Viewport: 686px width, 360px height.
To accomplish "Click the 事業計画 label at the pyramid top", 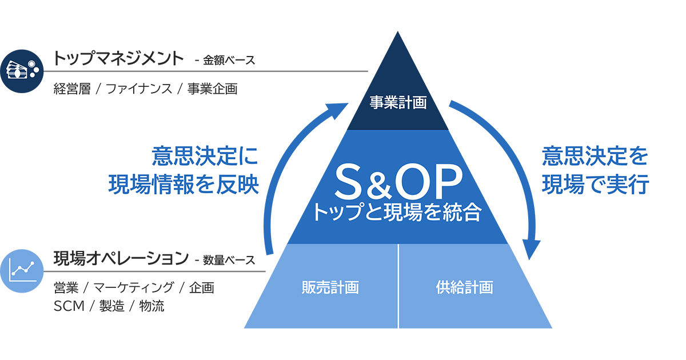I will (x=398, y=103).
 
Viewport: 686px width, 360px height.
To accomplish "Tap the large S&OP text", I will (x=398, y=182).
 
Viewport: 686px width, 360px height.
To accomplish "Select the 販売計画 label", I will (x=330, y=287).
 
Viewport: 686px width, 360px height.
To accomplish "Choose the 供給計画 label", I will (x=464, y=287).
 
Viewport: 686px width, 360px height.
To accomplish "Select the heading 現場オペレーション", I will (x=121, y=258).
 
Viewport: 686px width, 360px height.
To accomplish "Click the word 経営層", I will (x=72, y=89).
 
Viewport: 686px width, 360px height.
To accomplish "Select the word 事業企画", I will (x=212, y=89).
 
